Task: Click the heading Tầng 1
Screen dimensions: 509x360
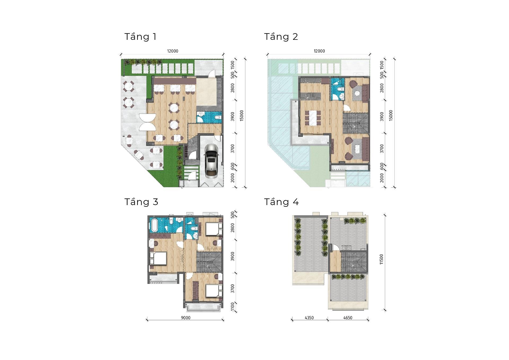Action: pyautogui.click(x=141, y=37)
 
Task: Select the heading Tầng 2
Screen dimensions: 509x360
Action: pyautogui.click(x=281, y=37)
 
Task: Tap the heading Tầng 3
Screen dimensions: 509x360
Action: pyautogui.click(x=141, y=202)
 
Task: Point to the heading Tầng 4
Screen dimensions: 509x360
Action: pyautogui.click(x=282, y=202)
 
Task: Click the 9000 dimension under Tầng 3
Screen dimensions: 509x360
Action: pyautogui.click(x=186, y=318)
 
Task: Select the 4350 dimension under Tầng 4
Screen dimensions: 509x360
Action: pyautogui.click(x=309, y=318)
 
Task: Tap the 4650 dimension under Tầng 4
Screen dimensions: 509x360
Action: pyautogui.click(x=348, y=318)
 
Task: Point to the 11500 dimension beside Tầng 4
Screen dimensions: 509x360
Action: pyautogui.click(x=381, y=259)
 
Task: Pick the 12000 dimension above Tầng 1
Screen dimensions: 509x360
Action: pyautogui.click(x=173, y=51)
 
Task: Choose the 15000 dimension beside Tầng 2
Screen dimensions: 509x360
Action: pyautogui.click(x=391, y=115)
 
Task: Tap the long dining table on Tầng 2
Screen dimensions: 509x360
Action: pyautogui.click(x=313, y=118)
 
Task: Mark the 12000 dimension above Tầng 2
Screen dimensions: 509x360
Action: pyautogui.click(x=319, y=51)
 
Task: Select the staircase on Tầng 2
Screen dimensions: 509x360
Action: pyautogui.click(x=355, y=123)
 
